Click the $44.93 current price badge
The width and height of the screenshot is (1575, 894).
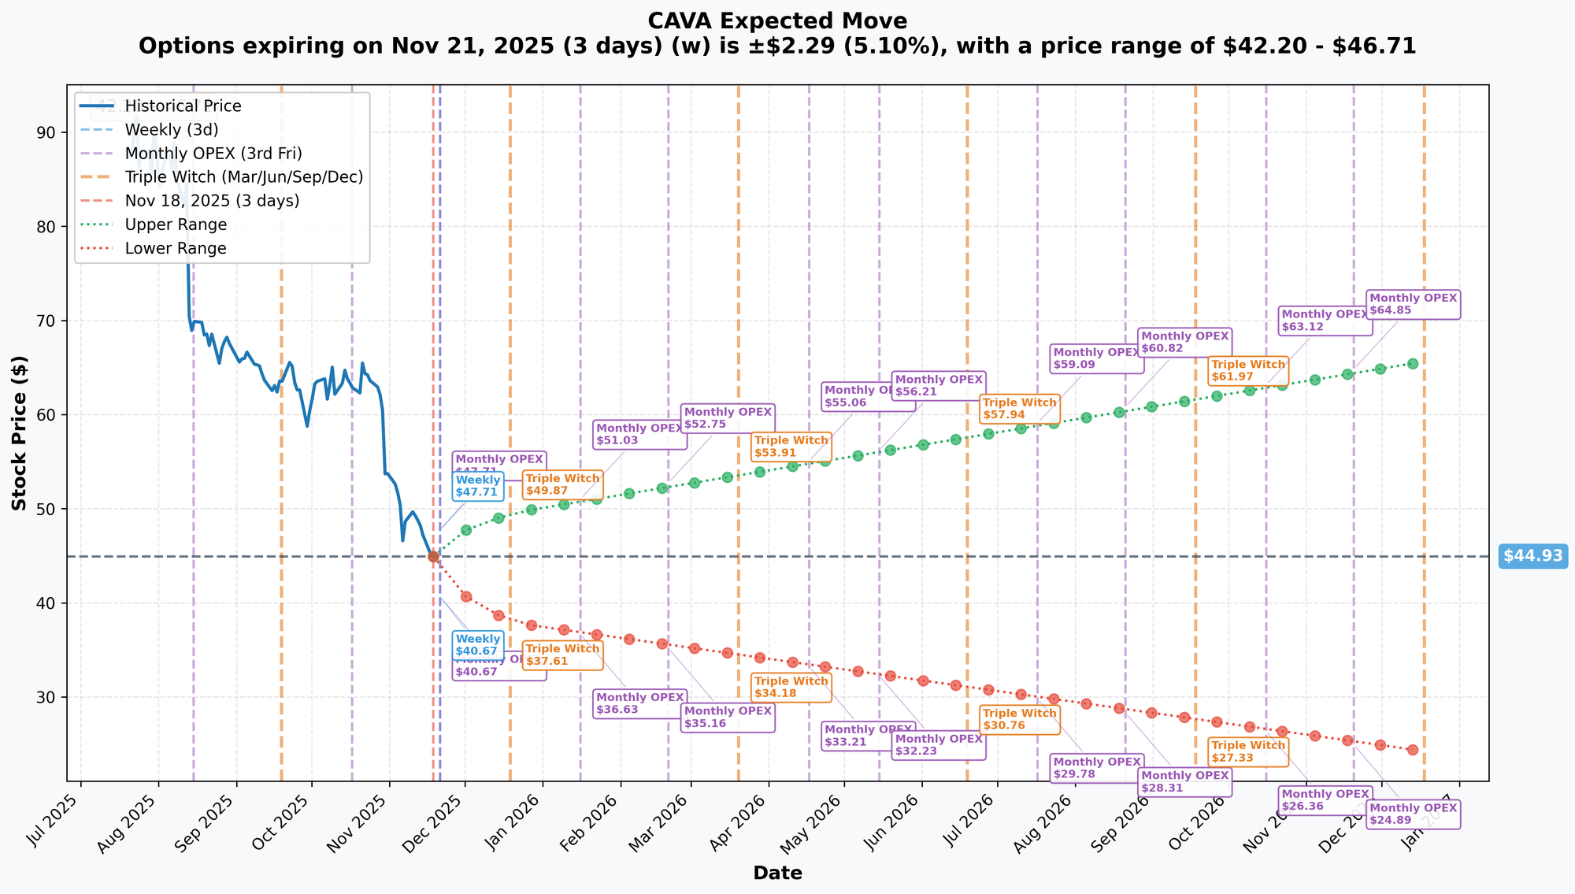tap(1532, 556)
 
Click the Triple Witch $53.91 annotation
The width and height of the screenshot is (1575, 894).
tap(791, 447)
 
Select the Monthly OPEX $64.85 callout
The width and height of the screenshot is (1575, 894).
tap(1413, 305)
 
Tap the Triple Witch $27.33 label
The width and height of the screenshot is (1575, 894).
tap(1247, 752)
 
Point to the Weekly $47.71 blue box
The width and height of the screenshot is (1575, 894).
tap(477, 487)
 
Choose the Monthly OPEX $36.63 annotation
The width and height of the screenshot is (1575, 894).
tap(639, 703)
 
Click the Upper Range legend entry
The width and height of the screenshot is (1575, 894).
tap(176, 224)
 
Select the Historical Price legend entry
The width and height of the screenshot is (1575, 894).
tap(183, 106)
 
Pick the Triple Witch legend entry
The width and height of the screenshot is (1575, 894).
tap(243, 177)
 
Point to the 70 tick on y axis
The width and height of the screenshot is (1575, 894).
tap(46, 321)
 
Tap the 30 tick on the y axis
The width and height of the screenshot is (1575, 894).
tap(46, 697)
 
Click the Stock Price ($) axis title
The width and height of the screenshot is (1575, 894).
tap(20, 433)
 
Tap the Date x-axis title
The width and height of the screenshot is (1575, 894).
tap(777, 874)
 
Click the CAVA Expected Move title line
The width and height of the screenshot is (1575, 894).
tap(777, 21)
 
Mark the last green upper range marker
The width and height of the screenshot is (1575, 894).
tap(1413, 364)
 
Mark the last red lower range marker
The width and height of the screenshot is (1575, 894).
tap(1413, 750)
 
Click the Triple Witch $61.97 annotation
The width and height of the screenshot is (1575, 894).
tap(1247, 371)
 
